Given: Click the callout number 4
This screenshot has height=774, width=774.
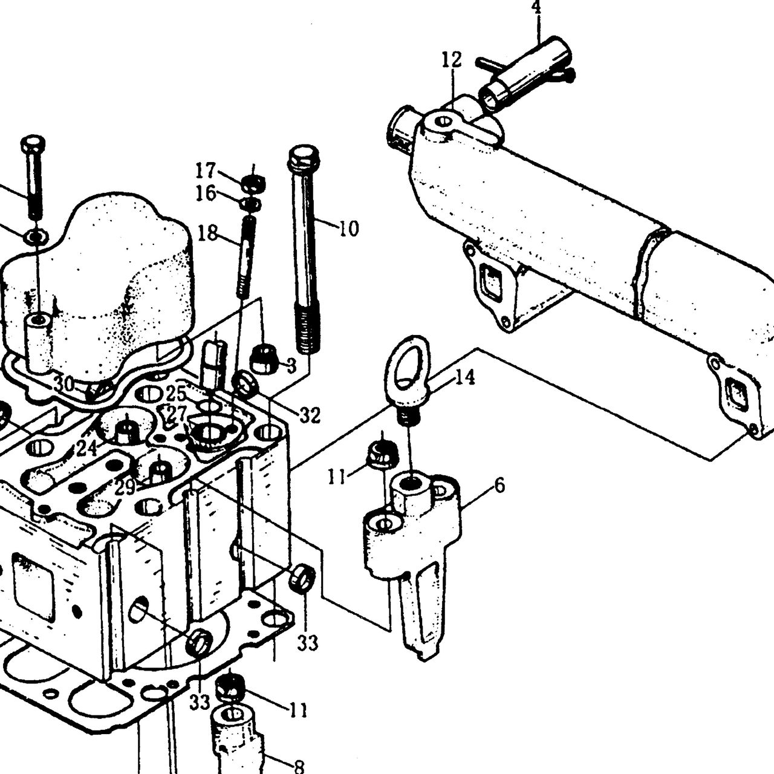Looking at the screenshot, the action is tap(538, 7).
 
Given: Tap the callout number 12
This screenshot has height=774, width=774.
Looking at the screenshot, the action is tap(452, 60).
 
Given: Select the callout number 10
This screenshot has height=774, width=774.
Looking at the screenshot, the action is tap(348, 229).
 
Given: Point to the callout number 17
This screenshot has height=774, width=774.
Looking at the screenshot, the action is tap(206, 171).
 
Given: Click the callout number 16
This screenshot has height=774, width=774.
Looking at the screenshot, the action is tap(206, 193).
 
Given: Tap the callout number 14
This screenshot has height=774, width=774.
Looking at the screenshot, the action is tap(465, 377).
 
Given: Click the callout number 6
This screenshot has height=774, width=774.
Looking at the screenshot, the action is tap(499, 486).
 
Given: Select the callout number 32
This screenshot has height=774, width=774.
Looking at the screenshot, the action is tap(310, 415).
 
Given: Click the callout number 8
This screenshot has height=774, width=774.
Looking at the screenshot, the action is tap(299, 766).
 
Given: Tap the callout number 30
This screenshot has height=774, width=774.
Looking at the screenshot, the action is tap(64, 385).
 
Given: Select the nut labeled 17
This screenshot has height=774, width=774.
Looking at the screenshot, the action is tap(253, 184).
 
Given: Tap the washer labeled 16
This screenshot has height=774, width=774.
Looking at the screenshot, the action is tap(250, 204).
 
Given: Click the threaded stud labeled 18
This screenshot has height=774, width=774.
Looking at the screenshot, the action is tap(246, 257).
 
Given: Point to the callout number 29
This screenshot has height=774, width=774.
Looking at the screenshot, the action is tap(125, 488).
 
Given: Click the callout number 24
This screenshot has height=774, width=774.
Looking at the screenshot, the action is tap(86, 448).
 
